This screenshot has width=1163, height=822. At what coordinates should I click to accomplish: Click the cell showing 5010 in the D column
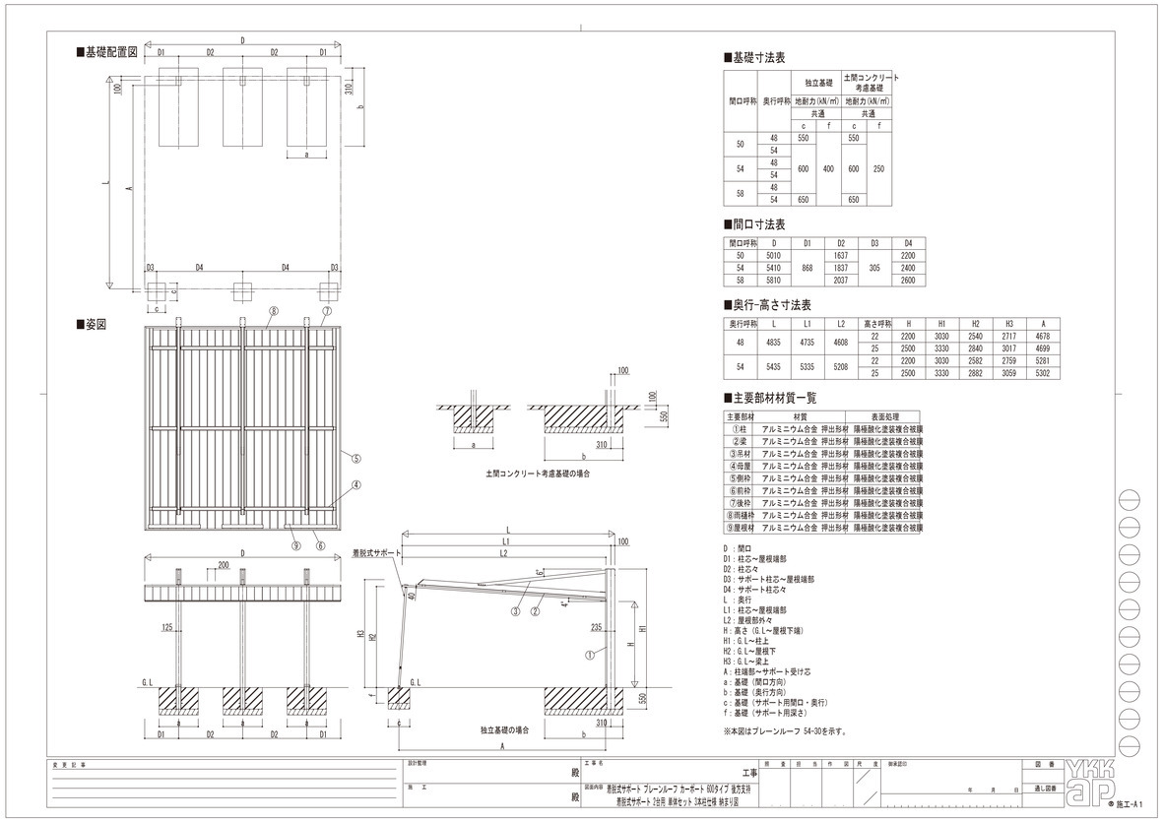(x=774, y=254)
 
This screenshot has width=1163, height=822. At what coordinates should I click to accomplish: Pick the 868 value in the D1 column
(x=808, y=267)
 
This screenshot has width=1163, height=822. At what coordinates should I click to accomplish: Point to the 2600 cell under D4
(x=908, y=280)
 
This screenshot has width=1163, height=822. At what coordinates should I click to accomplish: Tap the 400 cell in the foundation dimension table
(x=828, y=168)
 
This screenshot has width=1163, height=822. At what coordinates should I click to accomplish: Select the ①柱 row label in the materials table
(x=739, y=429)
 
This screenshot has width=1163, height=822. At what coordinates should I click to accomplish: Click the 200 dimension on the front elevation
(x=225, y=566)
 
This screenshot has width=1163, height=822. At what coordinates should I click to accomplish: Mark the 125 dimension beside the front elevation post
(x=168, y=626)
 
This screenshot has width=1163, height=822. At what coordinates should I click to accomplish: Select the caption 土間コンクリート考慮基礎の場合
(x=538, y=474)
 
